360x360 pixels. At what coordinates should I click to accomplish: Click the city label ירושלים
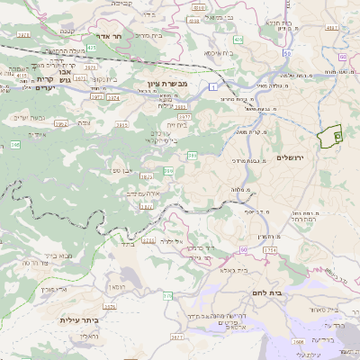coord(292,157)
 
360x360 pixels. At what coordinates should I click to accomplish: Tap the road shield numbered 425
coord(91,47)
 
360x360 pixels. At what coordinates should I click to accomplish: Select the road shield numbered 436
coord(238,40)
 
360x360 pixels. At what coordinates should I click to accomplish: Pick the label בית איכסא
coord(220,53)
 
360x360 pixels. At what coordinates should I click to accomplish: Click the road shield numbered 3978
coord(22,34)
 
